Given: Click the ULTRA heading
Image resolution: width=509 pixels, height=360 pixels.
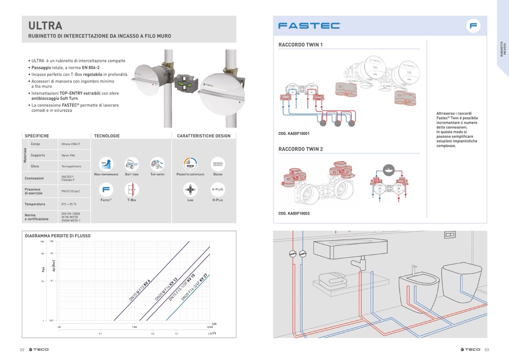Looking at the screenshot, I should (45, 26).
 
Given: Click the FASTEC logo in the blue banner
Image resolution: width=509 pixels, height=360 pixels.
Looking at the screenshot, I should (309, 26).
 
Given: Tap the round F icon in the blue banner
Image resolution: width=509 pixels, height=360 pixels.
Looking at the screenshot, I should (473, 26).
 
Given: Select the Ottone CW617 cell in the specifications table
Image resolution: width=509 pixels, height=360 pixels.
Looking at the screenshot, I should (71, 144).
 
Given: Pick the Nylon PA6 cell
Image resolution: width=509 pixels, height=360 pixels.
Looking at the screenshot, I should (68, 155).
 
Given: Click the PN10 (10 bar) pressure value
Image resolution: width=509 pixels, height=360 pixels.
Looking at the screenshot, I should (71, 191).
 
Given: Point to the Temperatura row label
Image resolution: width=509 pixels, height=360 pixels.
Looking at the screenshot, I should (35, 204).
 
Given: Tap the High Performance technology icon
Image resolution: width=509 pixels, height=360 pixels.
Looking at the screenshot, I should (106, 164).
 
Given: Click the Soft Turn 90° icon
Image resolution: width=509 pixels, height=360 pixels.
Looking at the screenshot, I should (132, 164).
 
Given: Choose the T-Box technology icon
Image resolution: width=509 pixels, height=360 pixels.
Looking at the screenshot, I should (132, 190).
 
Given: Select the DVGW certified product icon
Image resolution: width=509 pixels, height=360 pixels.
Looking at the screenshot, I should (190, 164).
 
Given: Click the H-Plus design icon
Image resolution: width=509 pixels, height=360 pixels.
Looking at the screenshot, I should (218, 190).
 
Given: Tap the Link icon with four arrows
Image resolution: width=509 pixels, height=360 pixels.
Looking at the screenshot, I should (190, 190).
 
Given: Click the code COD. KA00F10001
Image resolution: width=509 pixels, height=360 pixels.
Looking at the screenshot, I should (294, 134).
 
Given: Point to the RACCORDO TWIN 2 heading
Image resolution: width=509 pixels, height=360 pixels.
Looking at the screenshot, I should (301, 149).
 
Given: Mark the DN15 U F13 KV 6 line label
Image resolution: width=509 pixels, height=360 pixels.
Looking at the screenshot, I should (140, 291).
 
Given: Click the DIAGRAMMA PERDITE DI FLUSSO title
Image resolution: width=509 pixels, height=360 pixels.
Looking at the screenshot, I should (58, 236).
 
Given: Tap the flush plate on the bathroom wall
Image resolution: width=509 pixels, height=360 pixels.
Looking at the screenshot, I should (450, 235).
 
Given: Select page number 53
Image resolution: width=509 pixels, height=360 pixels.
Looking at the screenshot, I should (487, 350).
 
